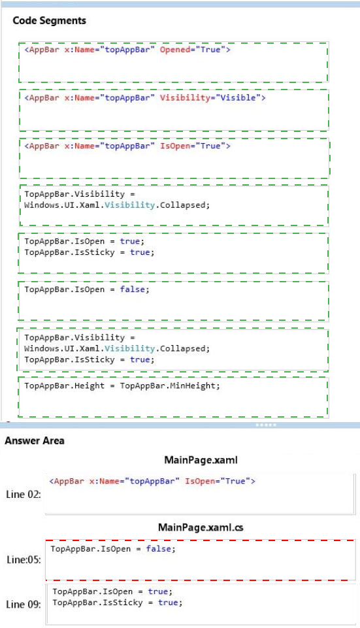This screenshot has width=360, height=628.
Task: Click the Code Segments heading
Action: (49, 21)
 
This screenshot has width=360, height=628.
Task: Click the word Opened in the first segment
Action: (175, 50)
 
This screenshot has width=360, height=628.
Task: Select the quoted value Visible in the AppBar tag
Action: (238, 98)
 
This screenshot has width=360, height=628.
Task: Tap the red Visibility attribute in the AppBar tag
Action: (185, 98)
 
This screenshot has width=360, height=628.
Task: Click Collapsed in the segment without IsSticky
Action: (185, 205)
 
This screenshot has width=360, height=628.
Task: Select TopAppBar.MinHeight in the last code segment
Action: (170, 386)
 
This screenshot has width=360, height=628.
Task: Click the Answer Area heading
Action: (35, 440)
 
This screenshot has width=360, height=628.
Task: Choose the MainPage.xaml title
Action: (201, 460)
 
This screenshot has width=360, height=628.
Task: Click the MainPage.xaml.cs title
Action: (201, 527)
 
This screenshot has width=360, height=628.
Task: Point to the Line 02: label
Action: (24, 495)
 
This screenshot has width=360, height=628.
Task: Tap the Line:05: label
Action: (24, 559)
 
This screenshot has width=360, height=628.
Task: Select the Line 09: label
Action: (24, 604)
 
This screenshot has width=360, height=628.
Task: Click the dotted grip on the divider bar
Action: (265, 425)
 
